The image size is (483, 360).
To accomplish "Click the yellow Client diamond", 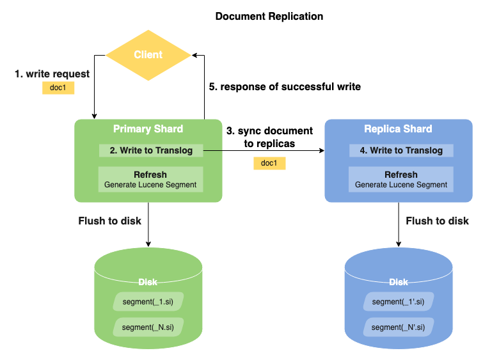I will coord(148,55).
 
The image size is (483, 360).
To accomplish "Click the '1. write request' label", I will coord(52,74).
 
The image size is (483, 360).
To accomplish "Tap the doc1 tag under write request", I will coord(58,88).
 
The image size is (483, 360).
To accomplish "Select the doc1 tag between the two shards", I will coord(269,164).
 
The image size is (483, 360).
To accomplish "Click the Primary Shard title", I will coord(148,129).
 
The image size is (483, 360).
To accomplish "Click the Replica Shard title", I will coord(398,129).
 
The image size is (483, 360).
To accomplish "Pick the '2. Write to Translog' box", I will coord(150,151).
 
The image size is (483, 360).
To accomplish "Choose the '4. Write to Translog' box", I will coord(401,151).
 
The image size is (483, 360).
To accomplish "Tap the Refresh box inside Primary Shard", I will coord(150,179).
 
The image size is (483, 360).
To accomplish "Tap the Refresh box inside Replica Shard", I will coord(401,179).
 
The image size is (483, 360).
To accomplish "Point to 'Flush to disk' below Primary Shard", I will coord(109,221).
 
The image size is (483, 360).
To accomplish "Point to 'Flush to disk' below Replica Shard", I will coord(437,221).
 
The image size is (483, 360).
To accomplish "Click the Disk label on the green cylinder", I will coord(148,282).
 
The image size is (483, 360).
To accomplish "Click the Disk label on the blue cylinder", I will coord(399,282).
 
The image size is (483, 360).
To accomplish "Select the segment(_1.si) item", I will coord(148,302).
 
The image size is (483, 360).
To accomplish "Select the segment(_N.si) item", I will coord(148,327).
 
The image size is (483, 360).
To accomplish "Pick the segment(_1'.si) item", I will coord(399,302).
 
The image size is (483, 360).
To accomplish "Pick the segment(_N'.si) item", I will coord(399,327).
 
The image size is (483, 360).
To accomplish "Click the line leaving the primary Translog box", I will coord(212,151).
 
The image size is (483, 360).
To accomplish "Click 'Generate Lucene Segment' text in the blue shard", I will coord(401,185).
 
